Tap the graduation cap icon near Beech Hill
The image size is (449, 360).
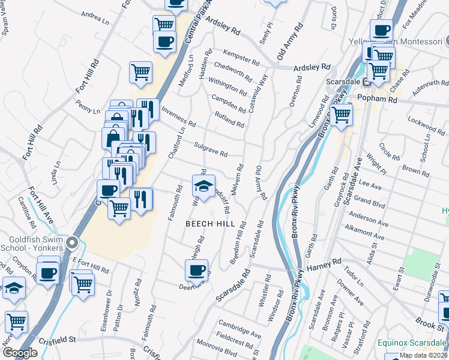[203, 185]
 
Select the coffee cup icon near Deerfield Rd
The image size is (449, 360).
[196, 271]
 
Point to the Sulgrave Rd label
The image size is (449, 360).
[211, 149]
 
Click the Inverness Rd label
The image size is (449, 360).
[178, 116]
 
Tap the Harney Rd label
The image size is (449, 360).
[324, 265]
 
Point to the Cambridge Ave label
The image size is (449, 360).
[240, 329]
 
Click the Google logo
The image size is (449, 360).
[20, 353]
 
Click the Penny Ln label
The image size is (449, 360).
[88, 107]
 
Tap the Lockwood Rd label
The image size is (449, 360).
[425, 124]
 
